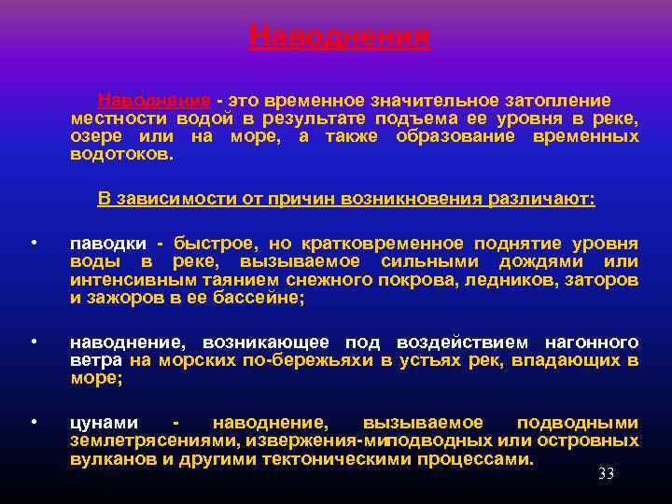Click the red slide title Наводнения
pos(339,36)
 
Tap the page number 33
pos(606,474)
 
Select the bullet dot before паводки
pos(33,244)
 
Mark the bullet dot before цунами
pos(33,422)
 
